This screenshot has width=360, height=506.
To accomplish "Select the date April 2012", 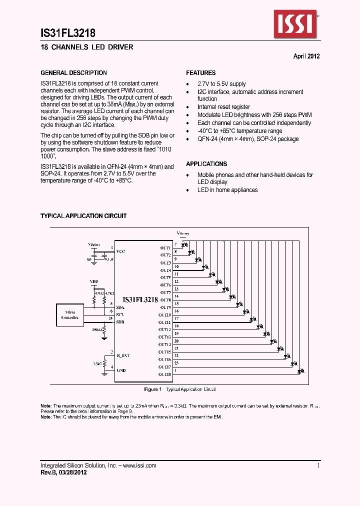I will (306, 56).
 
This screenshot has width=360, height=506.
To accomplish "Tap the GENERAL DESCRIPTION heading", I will (73, 73).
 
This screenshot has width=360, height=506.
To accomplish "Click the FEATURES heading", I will (201, 73).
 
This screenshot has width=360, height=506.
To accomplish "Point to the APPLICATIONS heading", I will (206, 164).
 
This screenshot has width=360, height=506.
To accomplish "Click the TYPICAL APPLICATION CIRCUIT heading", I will (83, 216).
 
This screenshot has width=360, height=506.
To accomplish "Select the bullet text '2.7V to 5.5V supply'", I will (221, 84).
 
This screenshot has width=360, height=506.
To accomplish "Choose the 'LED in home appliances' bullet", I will (227, 190).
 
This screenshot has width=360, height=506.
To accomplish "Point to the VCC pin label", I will (120, 251).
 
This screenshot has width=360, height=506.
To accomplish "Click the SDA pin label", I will (120, 307).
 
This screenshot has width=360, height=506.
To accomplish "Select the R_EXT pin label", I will (122, 355).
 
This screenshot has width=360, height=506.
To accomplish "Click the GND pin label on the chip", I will (120, 370).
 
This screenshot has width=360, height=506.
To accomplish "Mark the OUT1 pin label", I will (165, 248).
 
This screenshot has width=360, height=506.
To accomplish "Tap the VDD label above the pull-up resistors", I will (94, 282).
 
